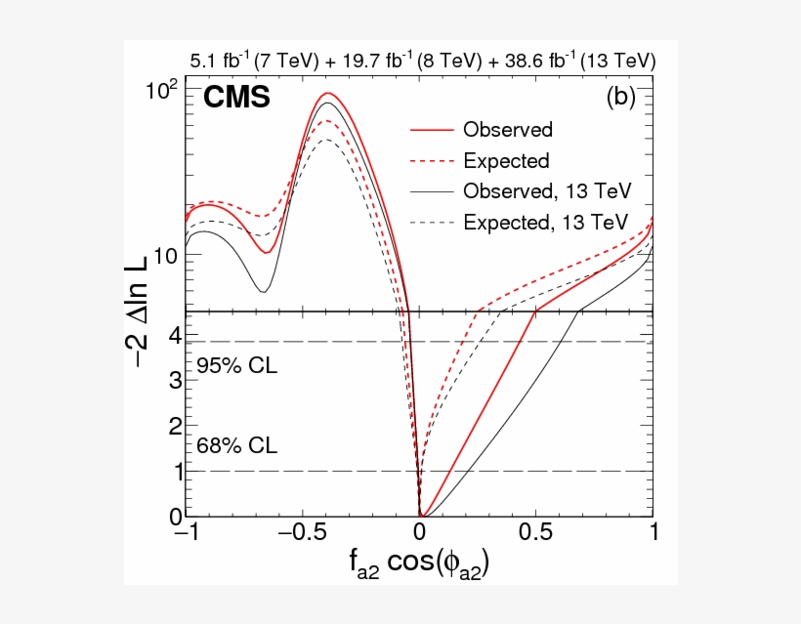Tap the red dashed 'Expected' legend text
point(506,160)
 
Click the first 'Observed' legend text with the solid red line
point(508,130)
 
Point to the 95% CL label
point(236,367)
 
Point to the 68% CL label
point(236,446)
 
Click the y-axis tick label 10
point(168,256)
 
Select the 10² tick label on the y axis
point(166,91)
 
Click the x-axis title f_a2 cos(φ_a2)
point(418,564)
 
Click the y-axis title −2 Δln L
point(148,298)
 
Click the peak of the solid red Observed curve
point(329,94)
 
